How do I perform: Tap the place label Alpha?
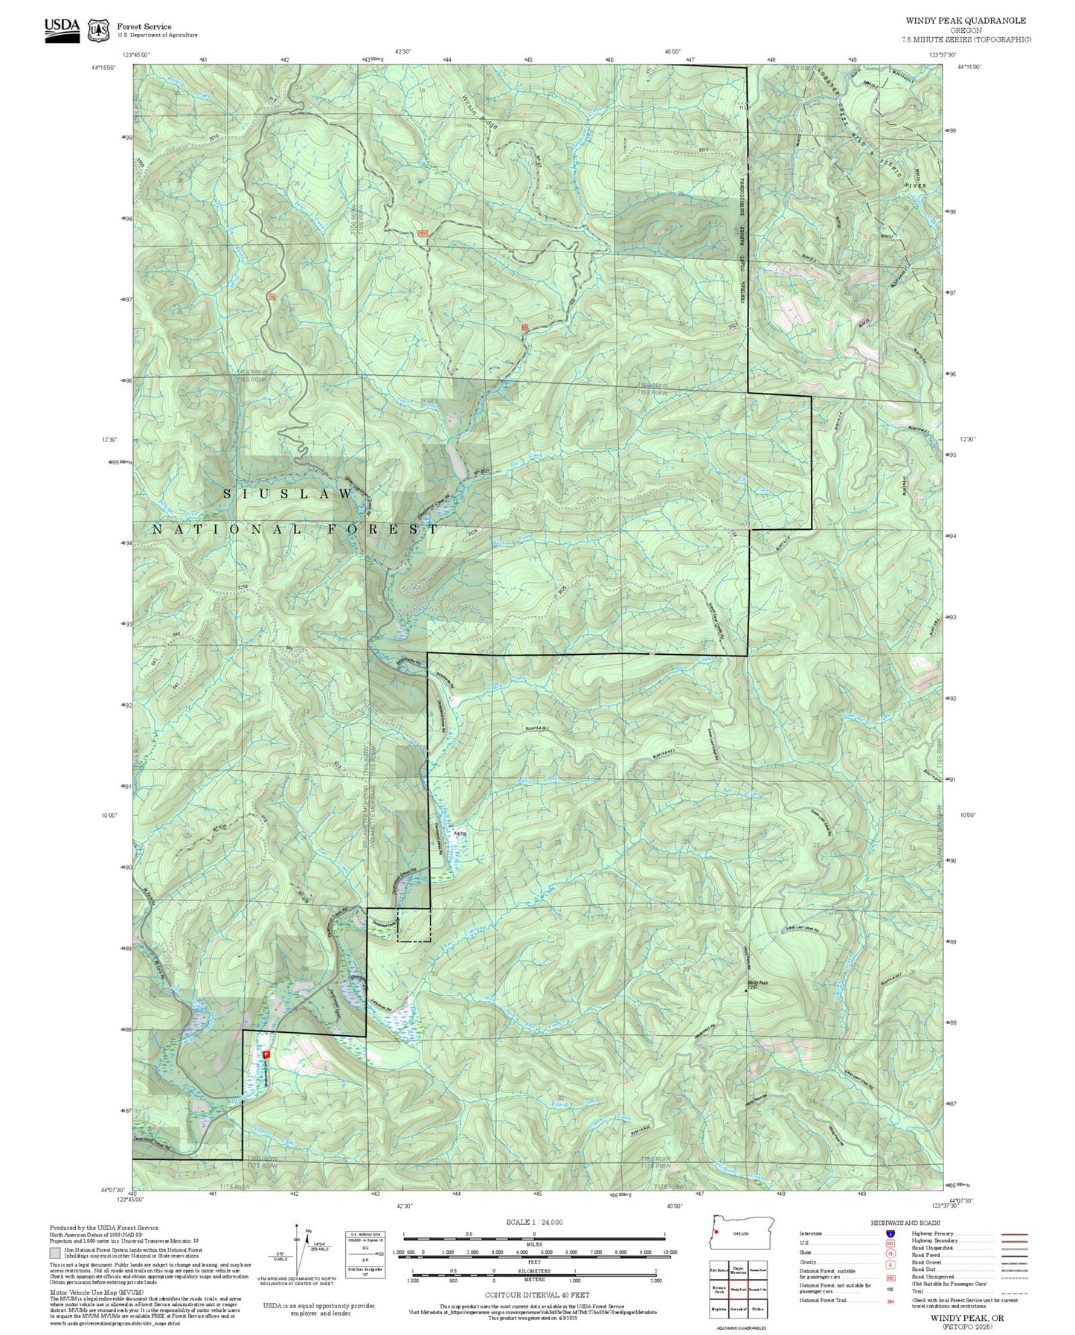460,833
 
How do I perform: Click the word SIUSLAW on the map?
289,493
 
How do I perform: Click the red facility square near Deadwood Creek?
266,1054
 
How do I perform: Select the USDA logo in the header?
62,29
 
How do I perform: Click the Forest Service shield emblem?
97,30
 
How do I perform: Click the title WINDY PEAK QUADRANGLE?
965,21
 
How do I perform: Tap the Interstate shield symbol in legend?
890,1234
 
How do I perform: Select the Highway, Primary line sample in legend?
1014,1234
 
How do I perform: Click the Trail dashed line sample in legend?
1014,1293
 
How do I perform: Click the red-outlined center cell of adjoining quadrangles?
738,1289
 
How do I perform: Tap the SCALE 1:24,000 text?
533,1222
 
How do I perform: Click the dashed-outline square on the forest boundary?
414,925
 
